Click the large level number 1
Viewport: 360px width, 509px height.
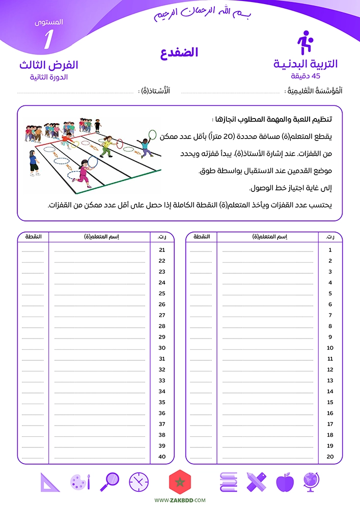click(x=48, y=40)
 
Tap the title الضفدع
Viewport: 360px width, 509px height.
click(x=179, y=53)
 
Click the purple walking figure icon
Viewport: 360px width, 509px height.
click(x=304, y=43)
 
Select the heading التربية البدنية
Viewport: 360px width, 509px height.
click(x=306, y=64)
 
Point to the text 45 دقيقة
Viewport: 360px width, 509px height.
click(x=306, y=76)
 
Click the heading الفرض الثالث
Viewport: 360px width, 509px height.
click(x=48, y=65)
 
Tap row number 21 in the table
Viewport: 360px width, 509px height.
click(x=162, y=250)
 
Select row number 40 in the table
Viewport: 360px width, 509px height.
click(x=162, y=457)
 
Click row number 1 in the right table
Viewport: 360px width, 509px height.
click(x=330, y=250)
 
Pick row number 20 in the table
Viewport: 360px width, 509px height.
click(x=330, y=457)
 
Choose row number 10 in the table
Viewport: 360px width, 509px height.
click(x=330, y=348)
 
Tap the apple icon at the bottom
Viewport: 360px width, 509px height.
click(x=285, y=482)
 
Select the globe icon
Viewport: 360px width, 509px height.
click(x=311, y=482)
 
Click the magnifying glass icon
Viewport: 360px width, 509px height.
click(x=110, y=482)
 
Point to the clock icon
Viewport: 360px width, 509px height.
click(x=139, y=482)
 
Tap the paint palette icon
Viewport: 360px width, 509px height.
click(x=80, y=482)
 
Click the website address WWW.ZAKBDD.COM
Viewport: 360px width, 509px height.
click(x=180, y=501)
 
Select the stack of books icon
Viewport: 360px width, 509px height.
click(x=229, y=482)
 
